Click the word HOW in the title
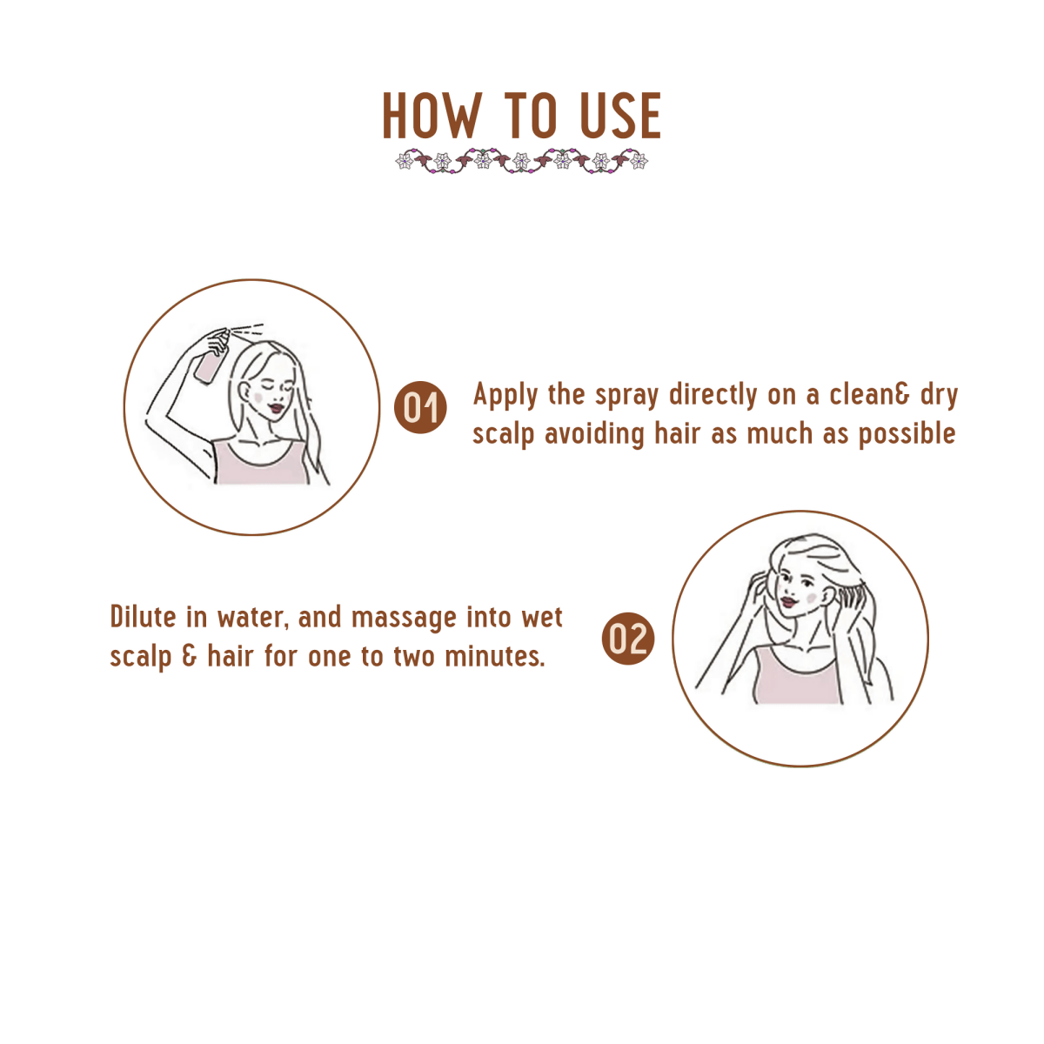tap(431, 116)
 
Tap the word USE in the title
tap(620, 116)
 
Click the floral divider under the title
tap(522, 161)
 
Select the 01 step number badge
tap(420, 407)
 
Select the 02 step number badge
tap(627, 639)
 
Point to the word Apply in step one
tap(505, 396)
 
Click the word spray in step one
tap(626, 396)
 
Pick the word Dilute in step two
tap(144, 617)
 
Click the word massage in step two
tap(404, 618)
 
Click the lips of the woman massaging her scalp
tap(787, 600)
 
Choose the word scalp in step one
tap(504, 433)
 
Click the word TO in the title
tap(531, 116)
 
